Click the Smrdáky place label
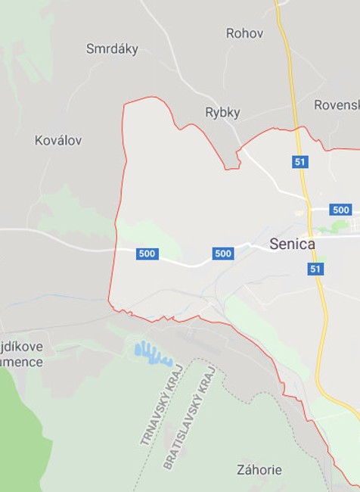pyautogui.click(x=112, y=49)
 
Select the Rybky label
pyautogui.click(x=222, y=113)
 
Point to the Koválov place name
pyautogui.click(x=58, y=140)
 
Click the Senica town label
pyautogui.click(x=292, y=244)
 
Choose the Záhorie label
pyautogui.click(x=259, y=470)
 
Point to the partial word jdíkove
pyautogui.click(x=23, y=347)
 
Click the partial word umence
pyautogui.click(x=23, y=362)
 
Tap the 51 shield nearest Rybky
pyautogui.click(x=300, y=162)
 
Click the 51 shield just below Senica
pyautogui.click(x=316, y=269)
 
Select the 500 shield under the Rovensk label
pyautogui.click(x=340, y=210)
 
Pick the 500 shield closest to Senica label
pyautogui.click(x=223, y=254)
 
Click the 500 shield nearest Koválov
pyautogui.click(x=147, y=254)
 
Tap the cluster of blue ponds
pyautogui.click(x=152, y=353)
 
